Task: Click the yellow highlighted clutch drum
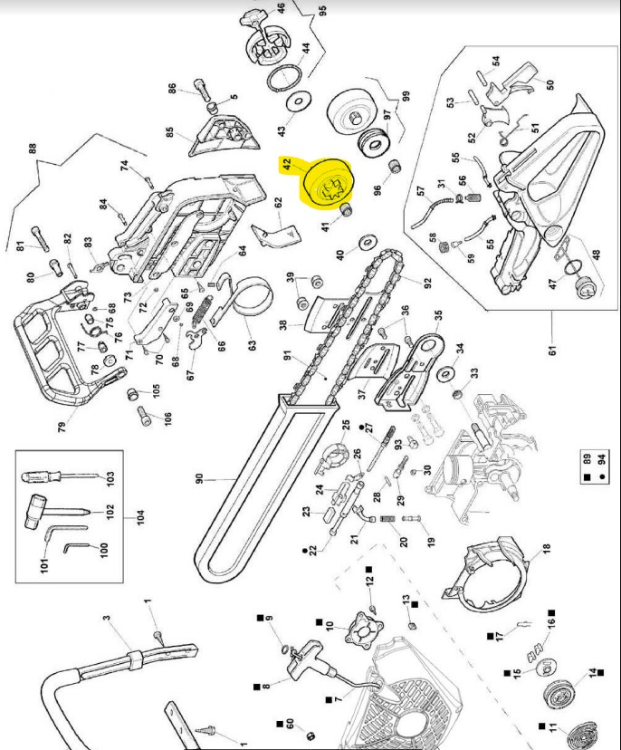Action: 322,184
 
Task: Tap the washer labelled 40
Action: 368,243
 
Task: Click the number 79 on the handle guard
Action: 62,428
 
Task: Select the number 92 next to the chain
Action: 426,282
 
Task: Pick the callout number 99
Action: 406,96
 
